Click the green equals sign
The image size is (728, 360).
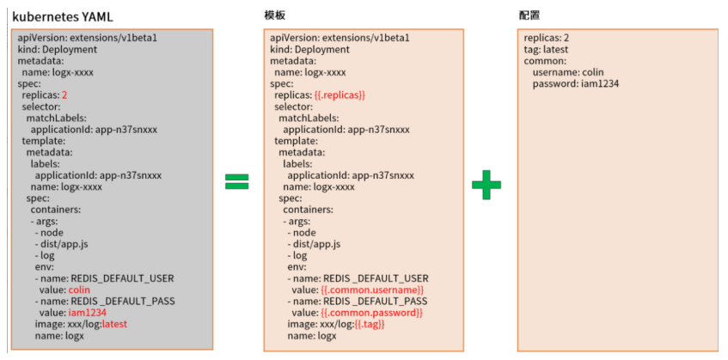click(x=236, y=181)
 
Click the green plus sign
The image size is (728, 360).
click(x=486, y=184)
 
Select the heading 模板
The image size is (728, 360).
click(x=274, y=16)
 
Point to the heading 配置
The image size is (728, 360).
click(x=529, y=16)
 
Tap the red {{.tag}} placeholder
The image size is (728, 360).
click(x=370, y=324)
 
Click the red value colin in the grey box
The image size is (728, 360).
click(x=80, y=290)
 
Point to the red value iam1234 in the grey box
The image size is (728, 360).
click(x=87, y=313)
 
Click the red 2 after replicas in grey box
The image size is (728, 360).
click(x=64, y=95)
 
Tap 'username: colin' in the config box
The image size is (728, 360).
click(x=568, y=72)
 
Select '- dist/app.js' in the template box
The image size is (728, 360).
click(x=315, y=244)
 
